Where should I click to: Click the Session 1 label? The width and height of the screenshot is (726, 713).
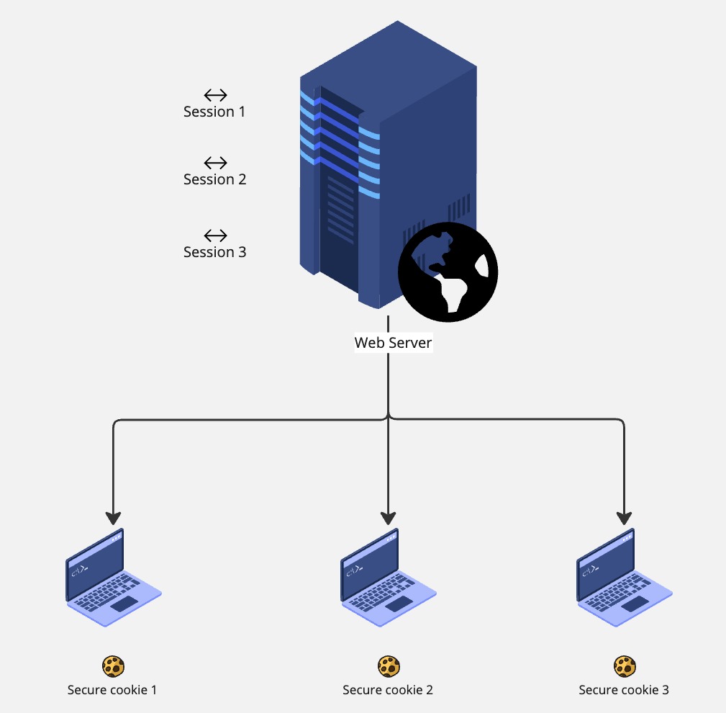point(214,112)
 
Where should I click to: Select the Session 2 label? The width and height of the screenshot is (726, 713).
point(214,179)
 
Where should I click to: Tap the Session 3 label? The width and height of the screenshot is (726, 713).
point(214,252)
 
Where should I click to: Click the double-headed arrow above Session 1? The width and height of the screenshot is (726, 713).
point(215,95)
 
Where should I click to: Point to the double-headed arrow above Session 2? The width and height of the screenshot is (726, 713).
point(215,163)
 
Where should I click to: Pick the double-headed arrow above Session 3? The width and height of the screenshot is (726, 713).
point(215,236)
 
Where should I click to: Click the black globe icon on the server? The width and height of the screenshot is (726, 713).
point(448,272)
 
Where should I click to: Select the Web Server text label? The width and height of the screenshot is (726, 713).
point(393,343)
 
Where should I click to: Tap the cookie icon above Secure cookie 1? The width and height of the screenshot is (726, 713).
point(113,666)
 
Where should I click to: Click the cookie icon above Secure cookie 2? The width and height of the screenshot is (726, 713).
point(389,666)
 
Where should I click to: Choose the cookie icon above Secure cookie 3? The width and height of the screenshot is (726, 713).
point(624,666)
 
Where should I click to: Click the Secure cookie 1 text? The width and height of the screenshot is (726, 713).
point(112,690)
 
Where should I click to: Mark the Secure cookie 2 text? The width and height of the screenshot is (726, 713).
point(388,690)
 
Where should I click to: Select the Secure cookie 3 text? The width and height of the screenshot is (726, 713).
point(624,690)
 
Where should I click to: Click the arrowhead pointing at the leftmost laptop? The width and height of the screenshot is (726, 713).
point(114,518)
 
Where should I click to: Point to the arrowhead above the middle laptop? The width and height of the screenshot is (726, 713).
point(389,518)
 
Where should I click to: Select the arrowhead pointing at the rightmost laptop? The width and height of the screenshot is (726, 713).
point(624,518)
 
